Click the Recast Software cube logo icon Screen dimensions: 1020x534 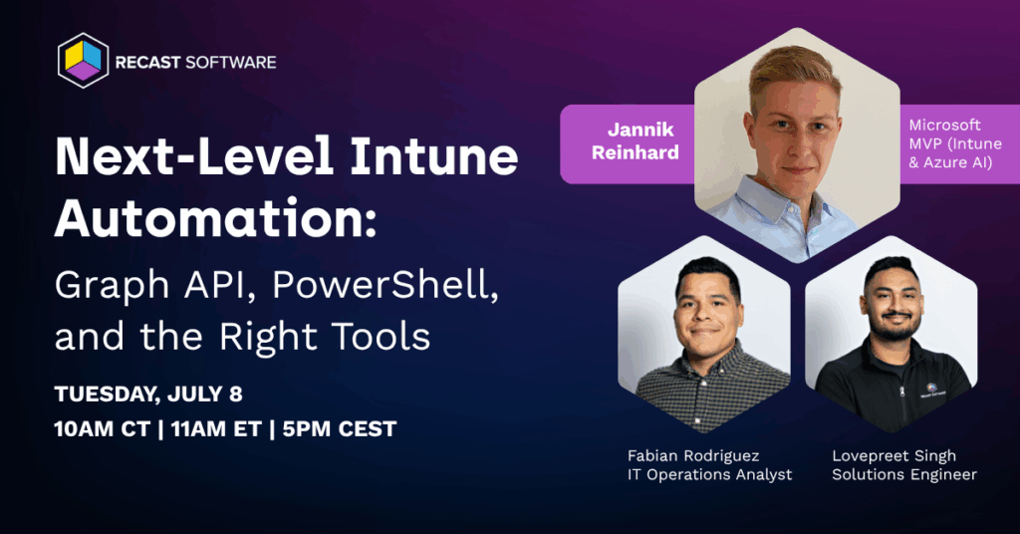click(x=84, y=61)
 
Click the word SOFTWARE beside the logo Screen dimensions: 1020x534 click(x=231, y=63)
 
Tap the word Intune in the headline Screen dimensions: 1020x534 click(x=434, y=156)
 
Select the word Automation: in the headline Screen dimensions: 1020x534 click(x=215, y=218)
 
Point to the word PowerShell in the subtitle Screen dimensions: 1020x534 click(x=385, y=284)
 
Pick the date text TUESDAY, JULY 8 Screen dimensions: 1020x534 click(x=148, y=395)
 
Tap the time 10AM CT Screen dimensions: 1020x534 click(x=103, y=429)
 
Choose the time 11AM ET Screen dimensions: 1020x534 click(x=216, y=429)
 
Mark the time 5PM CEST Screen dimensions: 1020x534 click(x=339, y=429)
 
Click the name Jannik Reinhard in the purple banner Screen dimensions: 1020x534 click(x=636, y=140)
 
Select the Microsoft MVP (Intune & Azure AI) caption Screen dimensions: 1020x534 click(x=955, y=143)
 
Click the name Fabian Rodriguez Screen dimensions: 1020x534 click(x=693, y=455)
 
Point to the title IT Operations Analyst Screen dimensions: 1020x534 click(x=709, y=475)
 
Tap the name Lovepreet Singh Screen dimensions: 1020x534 click(x=893, y=456)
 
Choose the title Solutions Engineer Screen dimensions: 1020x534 click(x=904, y=475)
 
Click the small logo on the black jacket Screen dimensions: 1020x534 click(x=932, y=391)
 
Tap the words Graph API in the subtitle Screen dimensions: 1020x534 click(x=153, y=284)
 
